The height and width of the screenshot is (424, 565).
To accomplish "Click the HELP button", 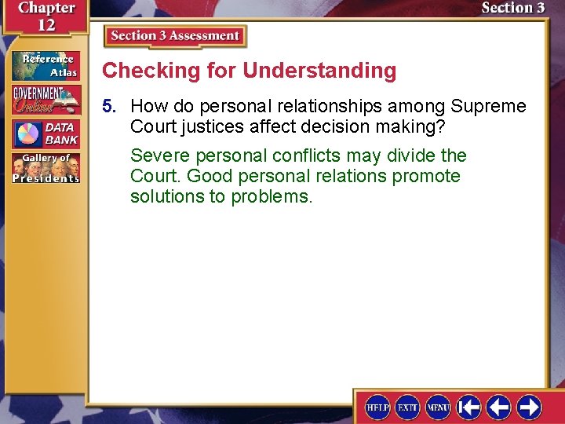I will coord(378,408).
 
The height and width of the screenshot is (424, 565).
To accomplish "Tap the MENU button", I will coord(438,408).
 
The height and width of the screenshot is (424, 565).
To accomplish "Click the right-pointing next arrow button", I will coord(529,407).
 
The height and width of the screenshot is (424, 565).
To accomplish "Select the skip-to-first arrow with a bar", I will coord(468,407).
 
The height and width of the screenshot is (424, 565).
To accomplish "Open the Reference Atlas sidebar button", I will coord(45,64).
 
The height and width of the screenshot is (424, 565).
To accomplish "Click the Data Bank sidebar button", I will coord(45,134).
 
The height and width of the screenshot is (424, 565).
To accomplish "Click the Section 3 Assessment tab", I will coord(175,36).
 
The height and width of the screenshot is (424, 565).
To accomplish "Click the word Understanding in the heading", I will coord(319,71).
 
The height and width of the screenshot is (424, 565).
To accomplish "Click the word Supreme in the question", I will coord(489,106).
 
